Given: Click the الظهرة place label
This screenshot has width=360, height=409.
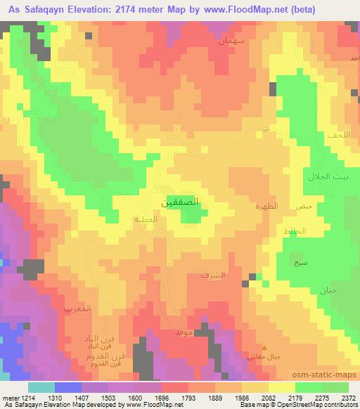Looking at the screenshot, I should point(266,206).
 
